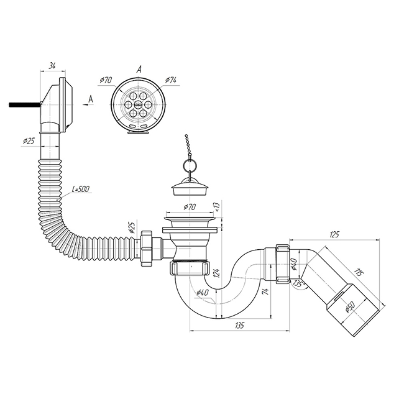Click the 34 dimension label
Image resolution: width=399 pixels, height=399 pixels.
tap(52, 66)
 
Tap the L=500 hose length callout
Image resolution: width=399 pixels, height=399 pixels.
tap(81, 190)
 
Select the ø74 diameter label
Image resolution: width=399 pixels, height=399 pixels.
tap(171, 80)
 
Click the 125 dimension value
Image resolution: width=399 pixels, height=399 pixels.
tap(334, 234)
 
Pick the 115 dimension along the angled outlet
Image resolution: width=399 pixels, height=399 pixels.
tap(358, 273)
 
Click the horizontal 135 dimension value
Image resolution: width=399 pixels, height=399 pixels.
tap(239, 325)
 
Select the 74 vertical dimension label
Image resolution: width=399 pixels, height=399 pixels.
tap(266, 292)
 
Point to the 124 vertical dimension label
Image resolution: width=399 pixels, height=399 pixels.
tap(216, 273)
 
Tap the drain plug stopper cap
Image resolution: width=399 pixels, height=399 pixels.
tap(190, 187)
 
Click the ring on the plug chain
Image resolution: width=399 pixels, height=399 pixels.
tap(190, 165)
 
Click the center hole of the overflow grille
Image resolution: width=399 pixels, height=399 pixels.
tap(138, 104)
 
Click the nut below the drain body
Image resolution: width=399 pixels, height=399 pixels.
tap(190, 268)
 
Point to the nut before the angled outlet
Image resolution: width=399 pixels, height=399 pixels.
tap(282, 263)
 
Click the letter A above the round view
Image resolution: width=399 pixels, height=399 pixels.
tap(139, 69)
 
